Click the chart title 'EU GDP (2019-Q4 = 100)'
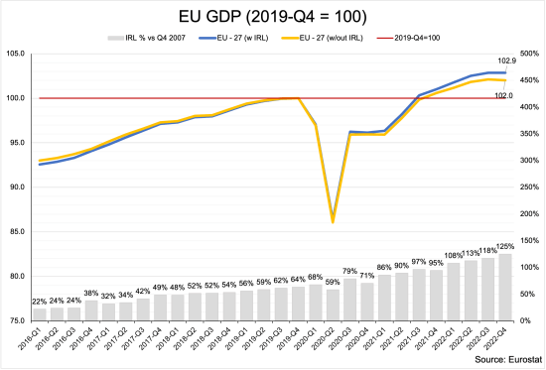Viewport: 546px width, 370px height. (x=272, y=17)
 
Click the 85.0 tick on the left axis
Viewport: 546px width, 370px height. (x=18, y=232)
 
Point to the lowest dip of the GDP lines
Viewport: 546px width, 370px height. (x=333, y=221)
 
